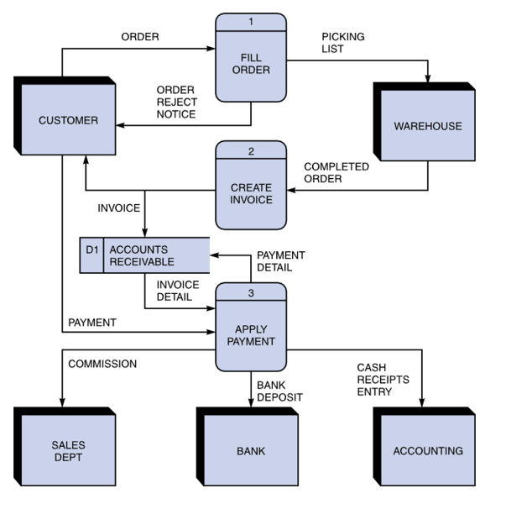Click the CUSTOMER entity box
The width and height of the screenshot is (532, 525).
pos(68,120)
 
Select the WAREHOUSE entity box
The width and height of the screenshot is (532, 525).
pos(428,126)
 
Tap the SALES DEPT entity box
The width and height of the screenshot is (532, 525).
pos(68,451)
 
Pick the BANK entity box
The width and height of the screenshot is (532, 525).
pos(251,451)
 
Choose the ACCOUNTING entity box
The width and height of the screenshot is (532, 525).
pos(428,451)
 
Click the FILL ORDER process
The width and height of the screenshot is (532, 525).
pos(251,64)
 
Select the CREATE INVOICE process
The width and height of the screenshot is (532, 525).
pos(251,193)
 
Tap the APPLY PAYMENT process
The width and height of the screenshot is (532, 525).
pos(251,335)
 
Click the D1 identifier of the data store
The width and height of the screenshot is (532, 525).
pos(92,249)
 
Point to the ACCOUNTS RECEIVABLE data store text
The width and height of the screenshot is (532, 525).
pos(139,255)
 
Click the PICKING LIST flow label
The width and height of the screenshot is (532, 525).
pos(342,43)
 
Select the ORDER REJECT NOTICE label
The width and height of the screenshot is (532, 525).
pos(176,102)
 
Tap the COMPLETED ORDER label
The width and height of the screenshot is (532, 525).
pos(336,172)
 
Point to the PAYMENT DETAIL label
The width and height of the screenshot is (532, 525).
pos(280,261)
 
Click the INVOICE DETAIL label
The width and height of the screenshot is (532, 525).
pos(177,291)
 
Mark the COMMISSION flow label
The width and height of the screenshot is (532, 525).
pos(102,364)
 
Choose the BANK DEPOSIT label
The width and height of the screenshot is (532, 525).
pos(279,391)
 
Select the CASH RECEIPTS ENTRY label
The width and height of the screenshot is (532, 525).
pos(383,380)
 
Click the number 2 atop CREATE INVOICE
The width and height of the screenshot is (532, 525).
pos(251,151)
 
